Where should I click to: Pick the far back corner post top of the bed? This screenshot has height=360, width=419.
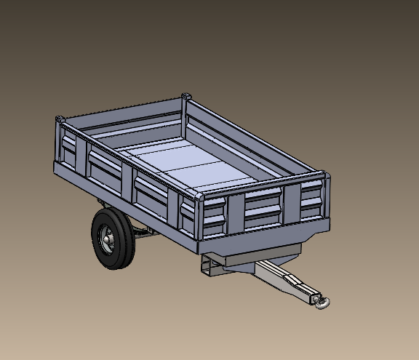[x=185, y=97]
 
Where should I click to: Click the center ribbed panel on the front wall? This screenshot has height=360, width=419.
[x=262, y=206]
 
